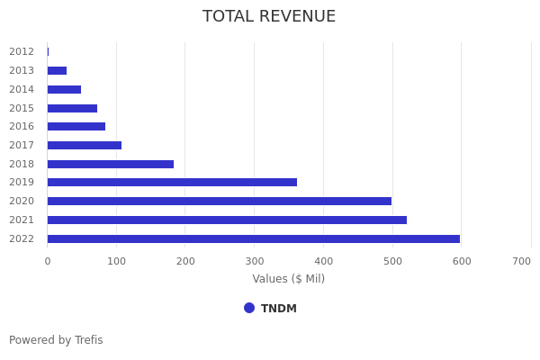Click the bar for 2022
click(x=253, y=238)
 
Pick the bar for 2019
click(x=172, y=182)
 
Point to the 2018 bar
click(x=110, y=164)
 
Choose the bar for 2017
click(x=84, y=145)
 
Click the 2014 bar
click(x=64, y=89)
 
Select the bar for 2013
click(x=57, y=70)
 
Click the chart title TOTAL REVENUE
click(x=269, y=17)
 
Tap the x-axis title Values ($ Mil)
click(x=288, y=279)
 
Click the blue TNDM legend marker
click(x=249, y=308)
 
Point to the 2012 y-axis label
click(x=22, y=51)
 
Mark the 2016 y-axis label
click(x=22, y=126)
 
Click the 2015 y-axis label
click(x=22, y=108)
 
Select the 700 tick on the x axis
click(x=522, y=261)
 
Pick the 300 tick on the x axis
click(x=254, y=261)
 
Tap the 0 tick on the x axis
click(x=47, y=261)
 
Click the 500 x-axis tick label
click(x=392, y=261)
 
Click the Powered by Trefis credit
click(x=56, y=340)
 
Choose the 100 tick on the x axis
click(x=116, y=261)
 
